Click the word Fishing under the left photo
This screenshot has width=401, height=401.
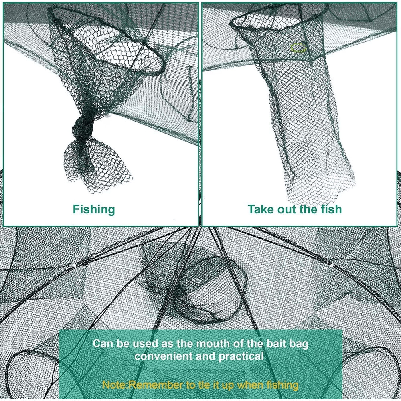tap(94, 209)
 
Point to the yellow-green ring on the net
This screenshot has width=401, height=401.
tap(298, 48)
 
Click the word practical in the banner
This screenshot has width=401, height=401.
tap(241, 356)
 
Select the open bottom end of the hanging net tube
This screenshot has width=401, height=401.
tap(323, 190)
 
